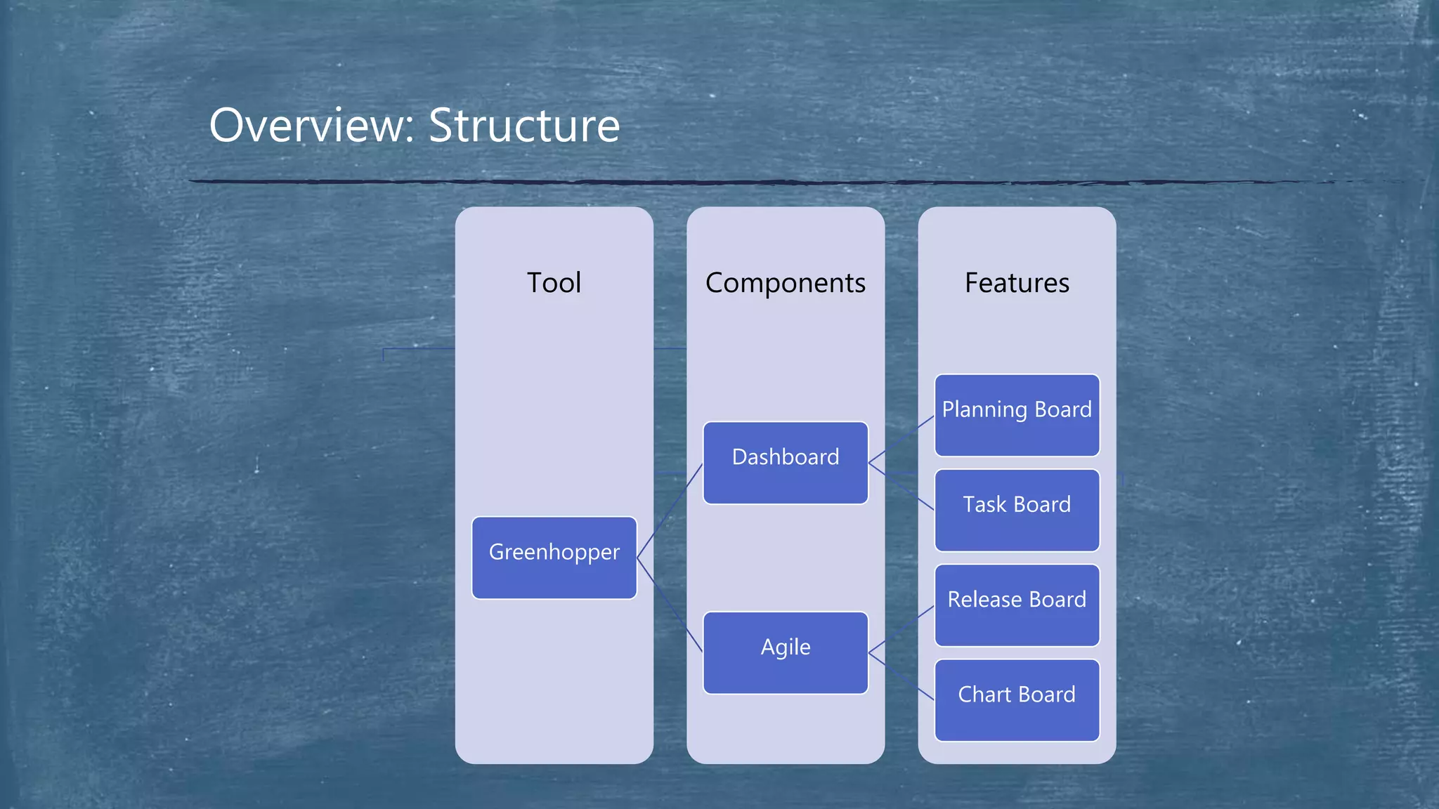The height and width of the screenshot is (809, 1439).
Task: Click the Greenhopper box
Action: tap(554, 558)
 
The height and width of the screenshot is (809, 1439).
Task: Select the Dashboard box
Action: tap(785, 463)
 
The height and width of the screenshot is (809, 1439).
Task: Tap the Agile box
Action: tap(785, 652)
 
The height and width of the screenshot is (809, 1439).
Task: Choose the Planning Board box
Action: tap(1016, 415)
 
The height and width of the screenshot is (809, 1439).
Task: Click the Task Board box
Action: tap(1016, 510)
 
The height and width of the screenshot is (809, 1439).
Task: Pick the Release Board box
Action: tap(1016, 605)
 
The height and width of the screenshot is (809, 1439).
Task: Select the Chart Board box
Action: tap(1016, 700)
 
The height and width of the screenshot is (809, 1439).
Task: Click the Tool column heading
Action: tap(554, 283)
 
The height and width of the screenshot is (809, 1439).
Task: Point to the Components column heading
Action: tap(785, 283)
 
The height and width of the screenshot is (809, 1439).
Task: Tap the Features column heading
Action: tap(1016, 283)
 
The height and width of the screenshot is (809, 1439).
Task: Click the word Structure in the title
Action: tap(523, 126)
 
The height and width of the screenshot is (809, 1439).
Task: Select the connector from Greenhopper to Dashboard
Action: tap(669, 511)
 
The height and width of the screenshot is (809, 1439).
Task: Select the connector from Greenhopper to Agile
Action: tap(669, 605)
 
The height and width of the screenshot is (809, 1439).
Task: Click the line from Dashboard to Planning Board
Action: tap(901, 439)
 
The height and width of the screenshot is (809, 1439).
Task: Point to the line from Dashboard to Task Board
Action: tap(901, 487)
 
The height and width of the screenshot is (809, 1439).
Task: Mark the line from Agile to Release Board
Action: tap(901, 629)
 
